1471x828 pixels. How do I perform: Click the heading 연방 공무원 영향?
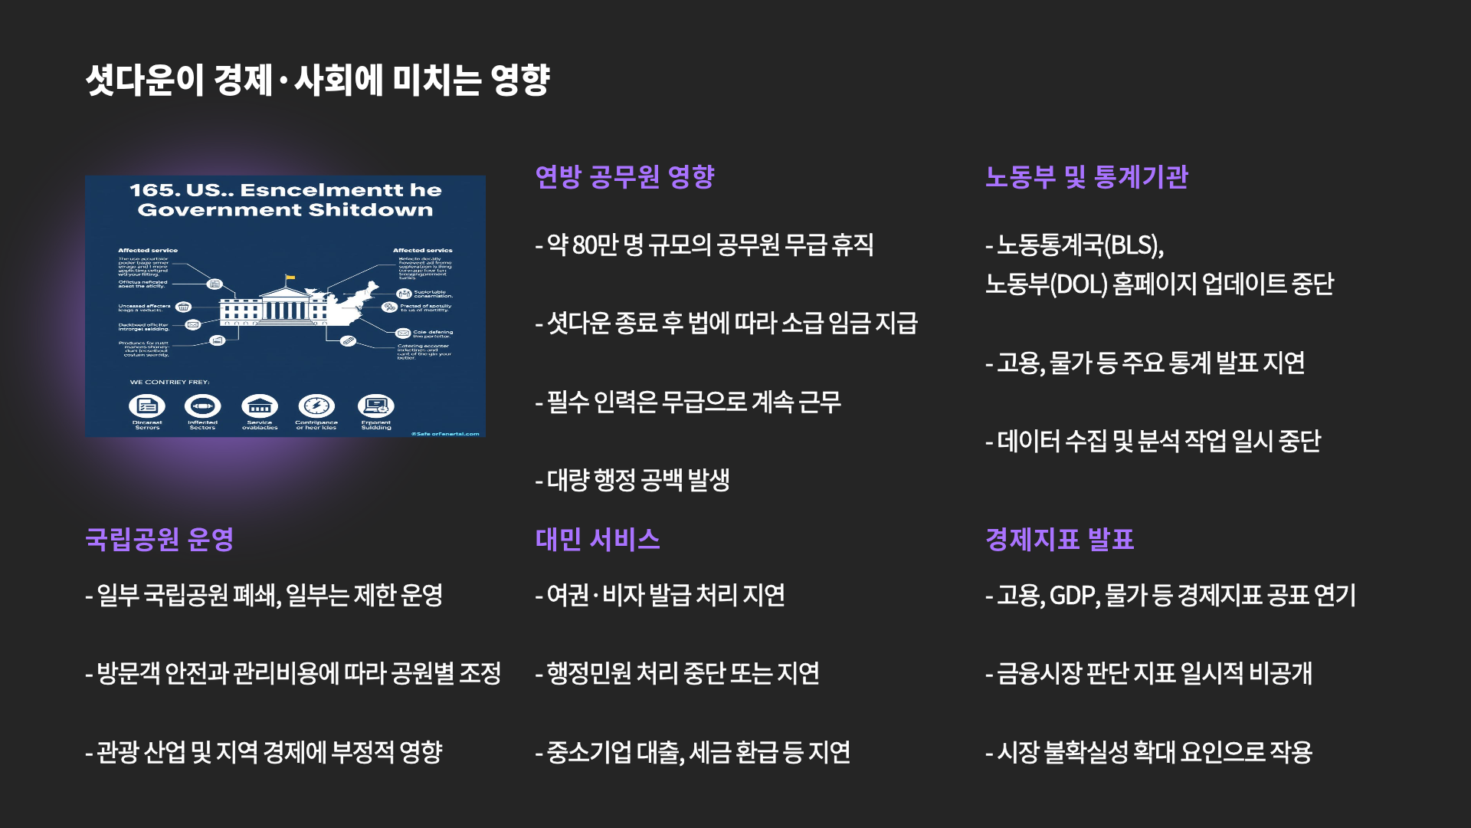(x=624, y=177)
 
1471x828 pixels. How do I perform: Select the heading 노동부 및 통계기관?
(x=1086, y=177)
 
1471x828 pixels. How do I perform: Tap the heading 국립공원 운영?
(x=159, y=540)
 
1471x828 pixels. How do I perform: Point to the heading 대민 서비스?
(x=598, y=540)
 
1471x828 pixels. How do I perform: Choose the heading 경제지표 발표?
(x=1059, y=540)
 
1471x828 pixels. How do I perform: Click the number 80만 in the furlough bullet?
(x=595, y=245)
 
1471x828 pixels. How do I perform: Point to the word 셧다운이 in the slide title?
(x=145, y=80)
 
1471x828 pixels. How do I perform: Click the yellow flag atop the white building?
(x=290, y=278)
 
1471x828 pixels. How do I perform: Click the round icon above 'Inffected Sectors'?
(x=202, y=406)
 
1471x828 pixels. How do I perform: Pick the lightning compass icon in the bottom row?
(x=316, y=406)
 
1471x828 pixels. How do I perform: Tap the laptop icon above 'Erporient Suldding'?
(x=376, y=406)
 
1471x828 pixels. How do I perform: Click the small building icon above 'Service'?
(x=260, y=406)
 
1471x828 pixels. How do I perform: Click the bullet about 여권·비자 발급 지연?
(x=660, y=596)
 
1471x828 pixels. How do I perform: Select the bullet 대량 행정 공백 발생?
(x=632, y=481)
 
